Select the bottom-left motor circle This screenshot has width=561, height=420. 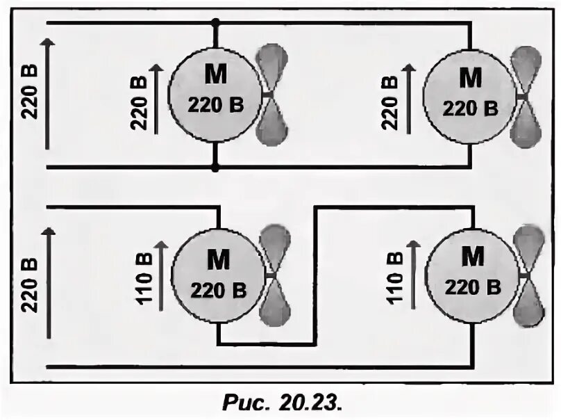point(217,275)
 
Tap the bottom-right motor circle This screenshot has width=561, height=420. point(471,275)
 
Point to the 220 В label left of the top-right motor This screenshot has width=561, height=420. point(390,97)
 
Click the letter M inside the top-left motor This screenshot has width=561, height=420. point(215,75)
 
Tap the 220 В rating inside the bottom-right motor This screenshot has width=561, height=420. point(472,287)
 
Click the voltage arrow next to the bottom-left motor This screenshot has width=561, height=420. point(160,275)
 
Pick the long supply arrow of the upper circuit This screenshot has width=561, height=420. point(47,93)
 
